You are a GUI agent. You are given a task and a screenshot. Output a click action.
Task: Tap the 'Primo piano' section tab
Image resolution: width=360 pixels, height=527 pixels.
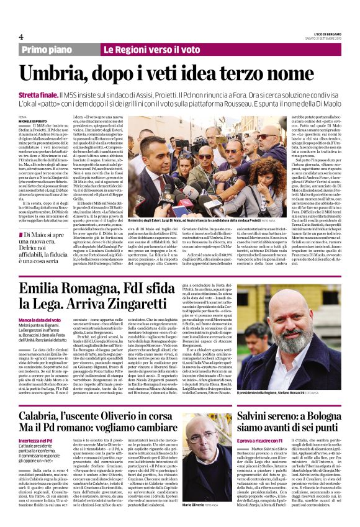pyautogui.click(x=49, y=49)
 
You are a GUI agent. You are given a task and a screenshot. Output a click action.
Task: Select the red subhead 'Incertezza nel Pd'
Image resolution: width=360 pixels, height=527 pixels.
pyautogui.click(x=37, y=440)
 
